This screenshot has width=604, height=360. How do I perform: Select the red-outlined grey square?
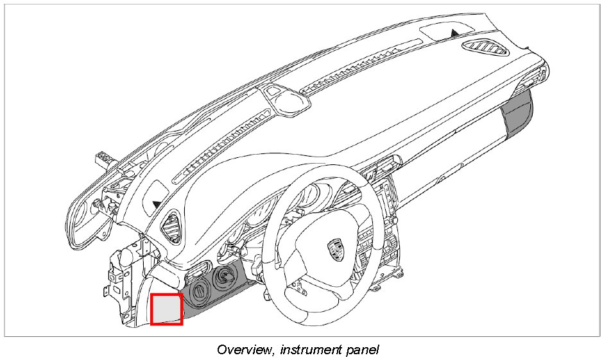coord(166,309)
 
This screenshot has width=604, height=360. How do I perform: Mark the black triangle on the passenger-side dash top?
coord(454,31)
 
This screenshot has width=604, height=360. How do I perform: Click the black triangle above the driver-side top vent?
coord(157,204)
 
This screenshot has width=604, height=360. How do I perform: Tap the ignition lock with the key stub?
coord(225,277)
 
